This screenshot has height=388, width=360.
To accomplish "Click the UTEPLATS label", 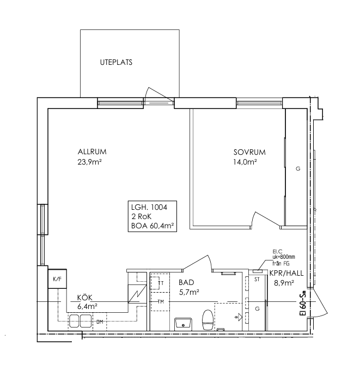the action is coord(116,62).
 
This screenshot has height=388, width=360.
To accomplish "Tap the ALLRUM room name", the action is coord(92,151).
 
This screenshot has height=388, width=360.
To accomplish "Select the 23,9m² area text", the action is coord(90,162).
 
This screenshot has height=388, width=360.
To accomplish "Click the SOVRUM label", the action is coord(249,152).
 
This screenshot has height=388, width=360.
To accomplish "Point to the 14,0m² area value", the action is coord(245,162).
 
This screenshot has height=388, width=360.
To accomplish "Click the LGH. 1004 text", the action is coord(149,207).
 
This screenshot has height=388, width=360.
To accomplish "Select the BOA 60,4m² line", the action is coord(152,226).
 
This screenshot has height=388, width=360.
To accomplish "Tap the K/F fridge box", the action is coord(57,279).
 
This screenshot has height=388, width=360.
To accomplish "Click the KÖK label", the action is coord(85,297).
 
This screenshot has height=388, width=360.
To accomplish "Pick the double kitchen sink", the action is coord(80,320).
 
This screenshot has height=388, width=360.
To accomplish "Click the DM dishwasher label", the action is coord(100,322).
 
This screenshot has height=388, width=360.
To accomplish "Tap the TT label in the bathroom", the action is coord(161,283).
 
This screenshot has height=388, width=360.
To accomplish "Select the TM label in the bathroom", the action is coord(161,302).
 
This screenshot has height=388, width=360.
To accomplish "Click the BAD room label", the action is coord(186,282).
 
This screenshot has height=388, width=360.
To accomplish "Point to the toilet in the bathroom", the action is coord(208,320).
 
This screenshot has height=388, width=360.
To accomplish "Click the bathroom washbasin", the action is coord(183,324).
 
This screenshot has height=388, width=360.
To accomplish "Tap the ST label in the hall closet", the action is coord(257,280).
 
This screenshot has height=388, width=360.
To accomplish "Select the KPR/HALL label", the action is coord(286,273).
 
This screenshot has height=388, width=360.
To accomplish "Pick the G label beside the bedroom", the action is coord(298,168).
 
